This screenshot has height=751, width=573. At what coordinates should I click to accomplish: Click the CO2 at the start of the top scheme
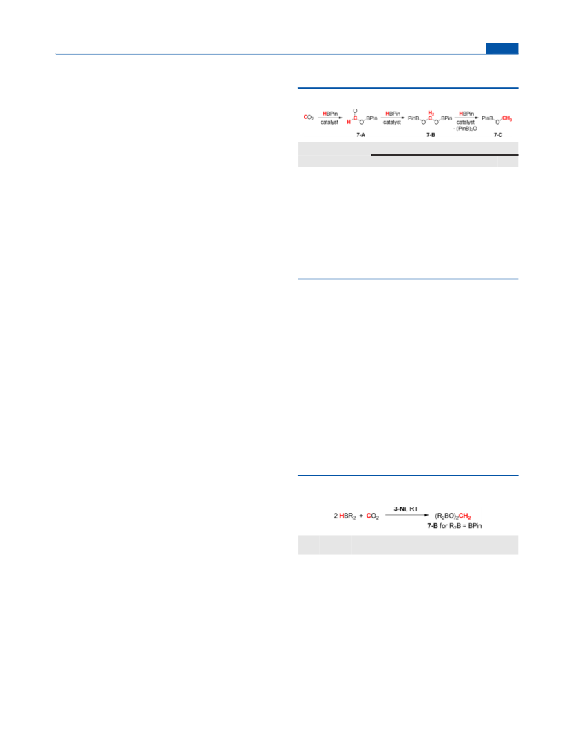(309, 117)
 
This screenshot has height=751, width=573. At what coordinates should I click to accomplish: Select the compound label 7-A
(360, 135)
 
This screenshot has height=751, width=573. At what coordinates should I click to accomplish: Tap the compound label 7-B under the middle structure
(431, 135)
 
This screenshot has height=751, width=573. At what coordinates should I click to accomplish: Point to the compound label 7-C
(498, 135)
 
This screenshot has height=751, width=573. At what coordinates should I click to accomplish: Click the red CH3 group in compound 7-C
(507, 119)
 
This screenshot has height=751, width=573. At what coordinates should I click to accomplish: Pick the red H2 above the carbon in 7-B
(431, 114)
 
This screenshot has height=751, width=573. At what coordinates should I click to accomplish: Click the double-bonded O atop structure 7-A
(355, 111)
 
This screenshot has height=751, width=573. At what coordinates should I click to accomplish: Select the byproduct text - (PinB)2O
(465, 129)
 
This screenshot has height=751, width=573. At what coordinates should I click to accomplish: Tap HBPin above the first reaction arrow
(329, 114)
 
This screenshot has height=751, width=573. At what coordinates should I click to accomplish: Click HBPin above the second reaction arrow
(393, 114)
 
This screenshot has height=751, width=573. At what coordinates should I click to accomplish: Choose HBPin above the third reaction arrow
(466, 114)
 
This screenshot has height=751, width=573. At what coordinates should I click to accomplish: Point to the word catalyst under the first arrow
(329, 123)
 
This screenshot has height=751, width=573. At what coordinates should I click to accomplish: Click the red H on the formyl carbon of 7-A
(349, 122)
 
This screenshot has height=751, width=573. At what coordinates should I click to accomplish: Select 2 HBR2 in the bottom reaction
(345, 516)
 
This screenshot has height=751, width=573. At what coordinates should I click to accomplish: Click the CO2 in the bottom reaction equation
(372, 516)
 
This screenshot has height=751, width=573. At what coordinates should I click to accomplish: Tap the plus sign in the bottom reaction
(361, 516)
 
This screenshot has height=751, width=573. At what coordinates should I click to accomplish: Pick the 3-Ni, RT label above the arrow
(406, 509)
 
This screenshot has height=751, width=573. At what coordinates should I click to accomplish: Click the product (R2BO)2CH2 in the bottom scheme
(453, 516)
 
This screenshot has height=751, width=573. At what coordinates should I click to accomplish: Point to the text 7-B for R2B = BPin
(454, 526)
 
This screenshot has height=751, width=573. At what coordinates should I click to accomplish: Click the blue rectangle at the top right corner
(501, 48)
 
